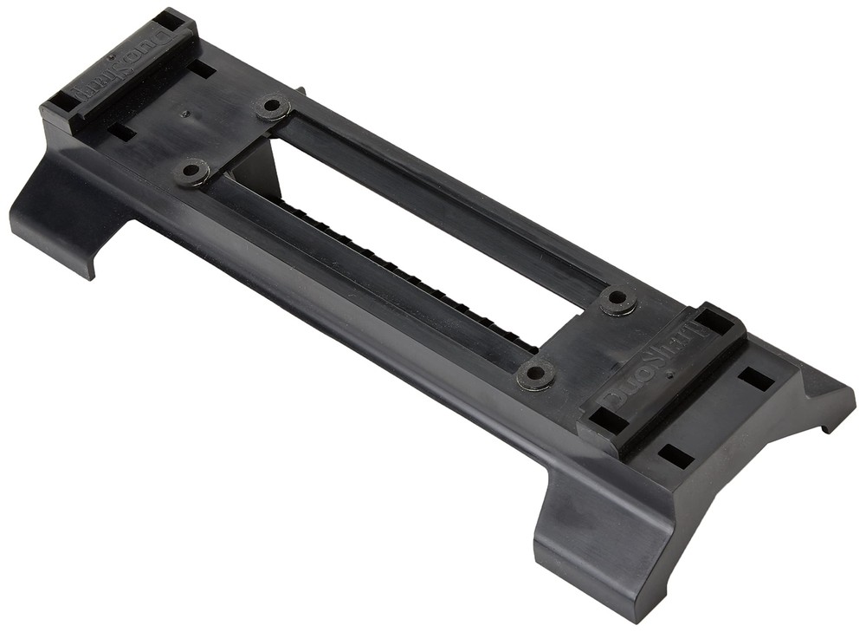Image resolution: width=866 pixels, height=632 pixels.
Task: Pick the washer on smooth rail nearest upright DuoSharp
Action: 618,299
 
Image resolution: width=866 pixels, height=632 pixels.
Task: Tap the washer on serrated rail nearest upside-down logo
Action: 191,170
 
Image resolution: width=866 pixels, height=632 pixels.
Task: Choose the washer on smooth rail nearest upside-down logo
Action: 272,107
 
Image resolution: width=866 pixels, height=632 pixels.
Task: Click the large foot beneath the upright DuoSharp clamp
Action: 598,538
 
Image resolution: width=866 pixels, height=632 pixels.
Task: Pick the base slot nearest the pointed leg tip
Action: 756,379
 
